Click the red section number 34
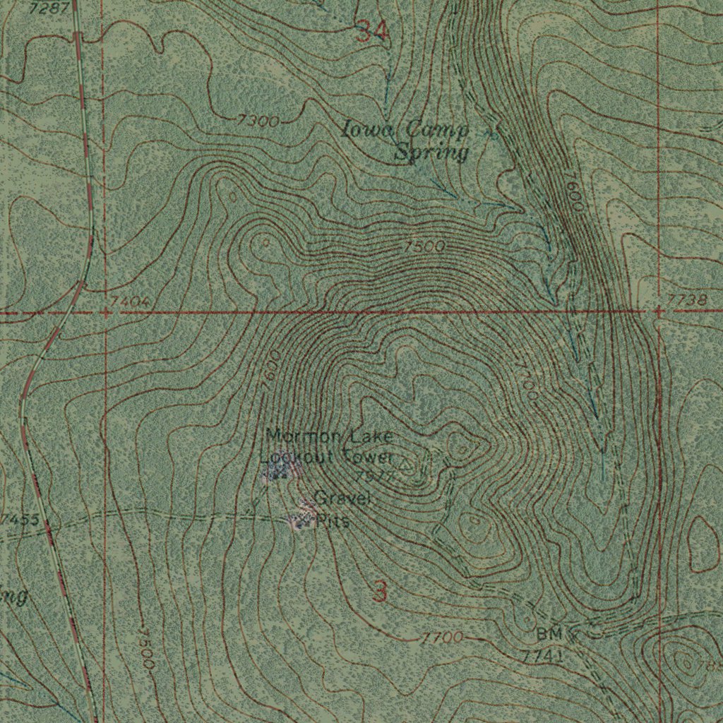371,31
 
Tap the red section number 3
380,592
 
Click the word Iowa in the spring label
362,130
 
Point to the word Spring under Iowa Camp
431,152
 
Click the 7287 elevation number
49,8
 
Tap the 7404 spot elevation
129,302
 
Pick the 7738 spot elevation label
686,301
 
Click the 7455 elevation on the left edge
19,521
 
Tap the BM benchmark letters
549,634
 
